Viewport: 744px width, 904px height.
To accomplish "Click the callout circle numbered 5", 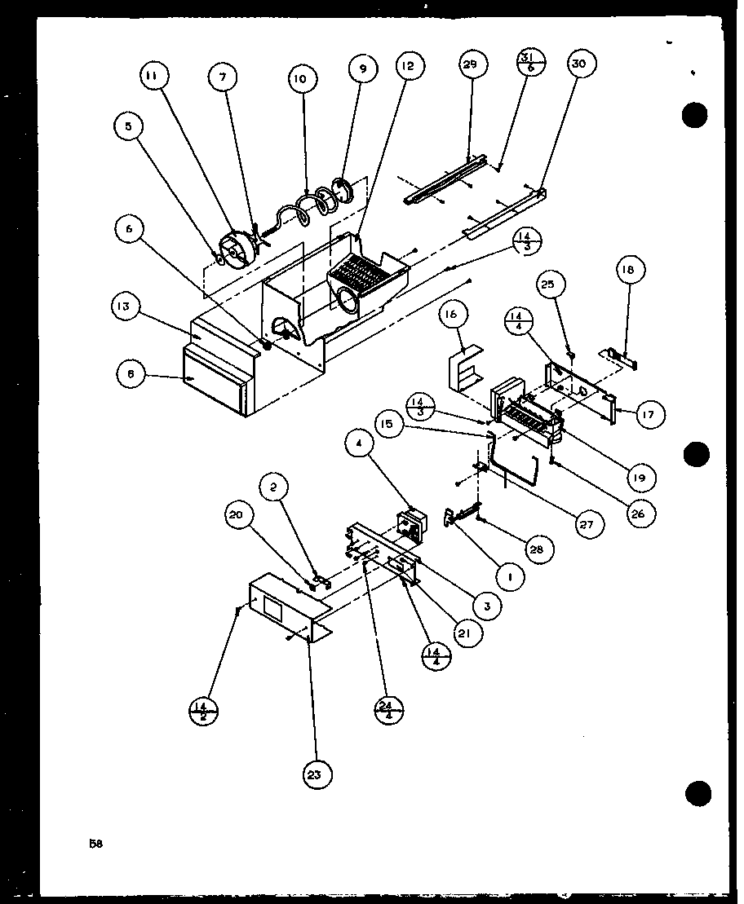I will point(128,126).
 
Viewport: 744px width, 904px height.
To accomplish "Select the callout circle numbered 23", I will point(315,775).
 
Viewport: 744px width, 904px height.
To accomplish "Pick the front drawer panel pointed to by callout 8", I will point(214,383).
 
